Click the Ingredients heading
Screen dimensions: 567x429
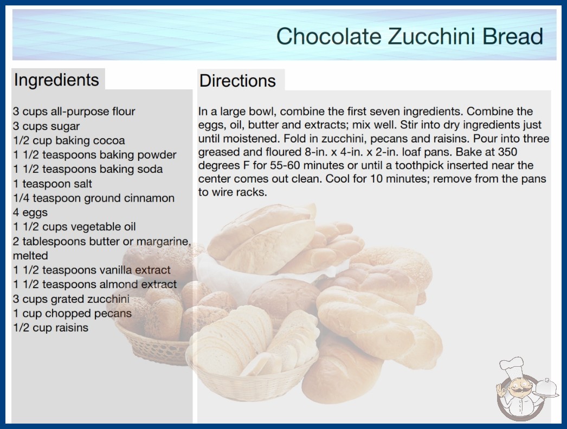click(56, 80)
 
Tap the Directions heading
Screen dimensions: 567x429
click(237, 81)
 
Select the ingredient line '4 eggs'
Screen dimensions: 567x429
click(30, 212)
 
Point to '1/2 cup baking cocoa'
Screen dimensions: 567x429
click(69, 140)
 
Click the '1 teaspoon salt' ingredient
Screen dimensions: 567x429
click(53, 184)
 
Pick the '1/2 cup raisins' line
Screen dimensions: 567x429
click(50, 328)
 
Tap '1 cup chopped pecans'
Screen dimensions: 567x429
click(72, 313)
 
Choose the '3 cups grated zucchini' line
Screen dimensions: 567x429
click(71, 299)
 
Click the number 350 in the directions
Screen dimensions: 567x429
click(507, 152)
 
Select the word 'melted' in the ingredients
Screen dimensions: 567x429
click(30, 256)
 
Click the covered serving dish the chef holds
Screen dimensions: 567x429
click(546, 388)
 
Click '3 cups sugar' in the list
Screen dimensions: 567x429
click(46, 126)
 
